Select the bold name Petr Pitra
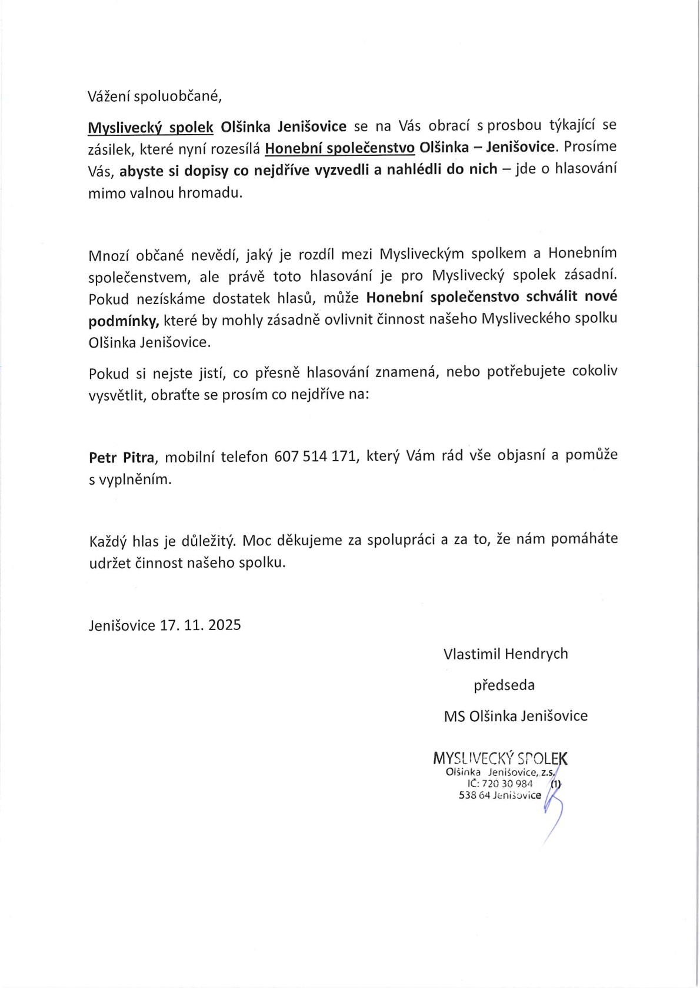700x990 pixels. pos(122,456)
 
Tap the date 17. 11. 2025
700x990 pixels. pos(200,625)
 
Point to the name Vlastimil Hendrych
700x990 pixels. pos(506,654)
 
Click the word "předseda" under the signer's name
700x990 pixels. pos(504,685)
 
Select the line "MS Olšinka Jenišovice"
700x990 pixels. pos(516,716)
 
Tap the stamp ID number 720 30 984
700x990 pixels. pos(507,784)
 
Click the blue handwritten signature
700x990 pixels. pos(553,809)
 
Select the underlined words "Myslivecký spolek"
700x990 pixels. pos(151,127)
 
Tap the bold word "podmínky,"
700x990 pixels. pos(124,320)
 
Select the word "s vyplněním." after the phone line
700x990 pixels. pos(130,479)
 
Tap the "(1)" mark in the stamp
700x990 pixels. pos(556,784)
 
